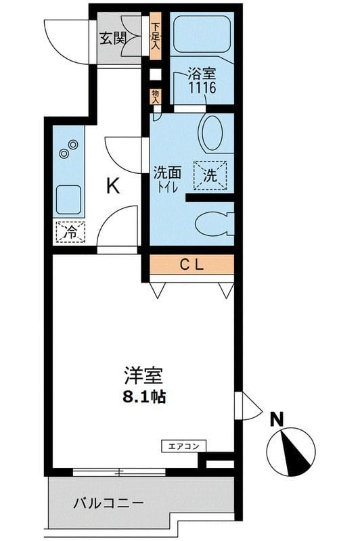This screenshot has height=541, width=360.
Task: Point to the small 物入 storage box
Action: coord(155,95)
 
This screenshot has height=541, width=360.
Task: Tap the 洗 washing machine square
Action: coord(210,177)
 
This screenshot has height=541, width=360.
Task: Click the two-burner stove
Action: coord(68,149)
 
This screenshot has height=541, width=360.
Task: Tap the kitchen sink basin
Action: coord(68,199)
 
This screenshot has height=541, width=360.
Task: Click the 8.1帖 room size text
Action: coord(143,397)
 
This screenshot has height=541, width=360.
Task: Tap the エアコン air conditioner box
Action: coord(183,446)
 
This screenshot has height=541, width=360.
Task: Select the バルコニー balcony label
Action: coord(108,503)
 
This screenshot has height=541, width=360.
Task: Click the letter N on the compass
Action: coord(276,419)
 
